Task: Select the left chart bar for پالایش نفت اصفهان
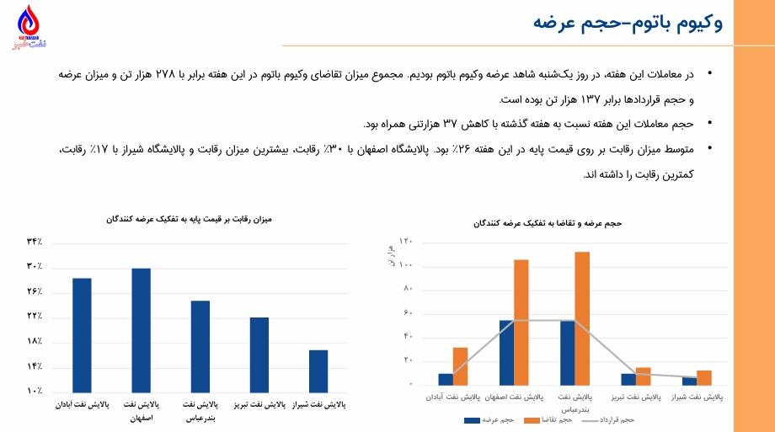click(x=141, y=330)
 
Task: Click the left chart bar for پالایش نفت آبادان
click(x=82, y=335)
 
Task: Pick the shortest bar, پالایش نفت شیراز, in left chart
click(x=318, y=371)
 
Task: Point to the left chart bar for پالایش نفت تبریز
click(x=259, y=355)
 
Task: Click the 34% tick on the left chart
click(x=35, y=243)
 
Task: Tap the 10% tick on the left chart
click(x=35, y=392)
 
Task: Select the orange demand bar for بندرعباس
click(x=582, y=317)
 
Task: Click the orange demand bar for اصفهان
click(x=521, y=321)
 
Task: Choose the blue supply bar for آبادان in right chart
click(x=445, y=379)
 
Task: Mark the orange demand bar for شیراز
click(x=704, y=377)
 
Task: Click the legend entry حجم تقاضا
click(x=555, y=419)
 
